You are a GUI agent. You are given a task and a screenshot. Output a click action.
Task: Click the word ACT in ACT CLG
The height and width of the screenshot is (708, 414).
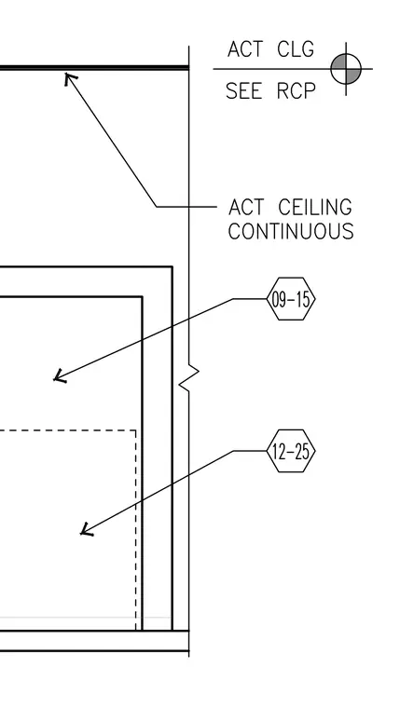[244, 49]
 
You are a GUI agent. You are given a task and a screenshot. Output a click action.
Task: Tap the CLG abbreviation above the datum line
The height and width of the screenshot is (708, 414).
[296, 49]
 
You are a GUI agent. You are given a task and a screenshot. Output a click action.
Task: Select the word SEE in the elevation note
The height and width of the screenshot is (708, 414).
[243, 91]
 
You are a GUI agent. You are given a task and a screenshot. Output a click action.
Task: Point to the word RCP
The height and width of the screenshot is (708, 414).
[296, 91]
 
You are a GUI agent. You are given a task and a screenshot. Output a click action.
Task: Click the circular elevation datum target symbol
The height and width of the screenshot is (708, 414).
[346, 69]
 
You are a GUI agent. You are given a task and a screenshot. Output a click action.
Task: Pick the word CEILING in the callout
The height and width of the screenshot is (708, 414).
[315, 208]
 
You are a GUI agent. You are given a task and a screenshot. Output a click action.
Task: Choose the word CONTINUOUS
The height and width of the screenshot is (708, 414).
[291, 232]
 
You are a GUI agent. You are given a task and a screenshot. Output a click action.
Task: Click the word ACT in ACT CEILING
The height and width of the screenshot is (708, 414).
[246, 208]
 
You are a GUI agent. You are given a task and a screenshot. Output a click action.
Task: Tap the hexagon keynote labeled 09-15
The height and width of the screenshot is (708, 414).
[291, 299]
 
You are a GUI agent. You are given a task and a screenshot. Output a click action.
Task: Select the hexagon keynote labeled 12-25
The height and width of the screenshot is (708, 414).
[291, 451]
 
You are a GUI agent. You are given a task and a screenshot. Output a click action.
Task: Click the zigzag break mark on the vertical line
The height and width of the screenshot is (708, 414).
[189, 378]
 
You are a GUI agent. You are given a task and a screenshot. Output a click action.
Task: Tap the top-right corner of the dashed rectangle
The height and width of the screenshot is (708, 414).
[136, 430]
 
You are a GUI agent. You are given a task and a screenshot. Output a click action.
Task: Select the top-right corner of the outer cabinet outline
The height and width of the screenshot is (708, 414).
[172, 266]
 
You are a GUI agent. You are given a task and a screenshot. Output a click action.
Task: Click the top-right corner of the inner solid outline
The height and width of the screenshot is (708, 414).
[142, 296]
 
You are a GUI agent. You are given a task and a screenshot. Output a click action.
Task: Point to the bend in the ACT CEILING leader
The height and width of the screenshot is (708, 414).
[157, 207]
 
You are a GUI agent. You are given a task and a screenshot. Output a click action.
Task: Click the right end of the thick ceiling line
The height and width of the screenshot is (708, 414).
[188, 68]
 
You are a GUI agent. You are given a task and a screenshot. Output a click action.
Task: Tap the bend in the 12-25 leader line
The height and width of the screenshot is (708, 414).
[233, 451]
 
